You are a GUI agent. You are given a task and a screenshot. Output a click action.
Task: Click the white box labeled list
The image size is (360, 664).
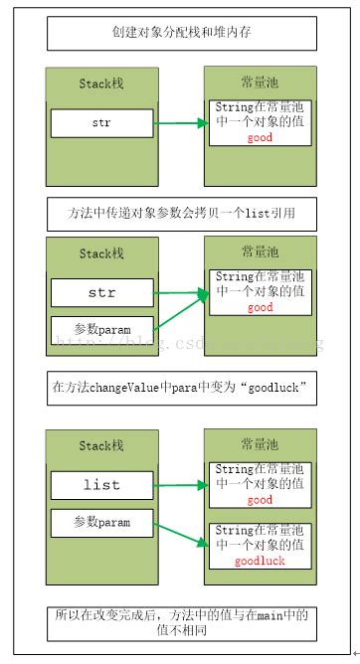(101, 484)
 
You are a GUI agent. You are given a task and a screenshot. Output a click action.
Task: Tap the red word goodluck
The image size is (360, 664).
(260, 561)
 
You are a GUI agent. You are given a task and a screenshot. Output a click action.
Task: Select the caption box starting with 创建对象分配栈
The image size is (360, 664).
(181, 33)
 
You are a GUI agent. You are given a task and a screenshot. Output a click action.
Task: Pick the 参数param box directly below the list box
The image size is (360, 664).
(101, 521)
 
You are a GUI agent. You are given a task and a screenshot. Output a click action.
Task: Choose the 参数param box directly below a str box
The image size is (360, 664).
(101, 327)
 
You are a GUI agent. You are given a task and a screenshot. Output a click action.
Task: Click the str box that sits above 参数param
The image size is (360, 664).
(101, 293)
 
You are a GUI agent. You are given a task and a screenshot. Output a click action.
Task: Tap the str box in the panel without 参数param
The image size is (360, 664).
(101, 123)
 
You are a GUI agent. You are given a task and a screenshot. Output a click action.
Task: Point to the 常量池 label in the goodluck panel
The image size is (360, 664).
(260, 444)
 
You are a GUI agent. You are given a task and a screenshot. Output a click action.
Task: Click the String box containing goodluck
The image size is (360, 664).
(260, 545)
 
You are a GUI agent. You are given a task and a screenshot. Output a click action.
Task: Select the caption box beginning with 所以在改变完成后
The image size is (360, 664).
(181, 623)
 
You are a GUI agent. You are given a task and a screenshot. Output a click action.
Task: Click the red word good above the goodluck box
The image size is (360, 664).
(260, 500)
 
